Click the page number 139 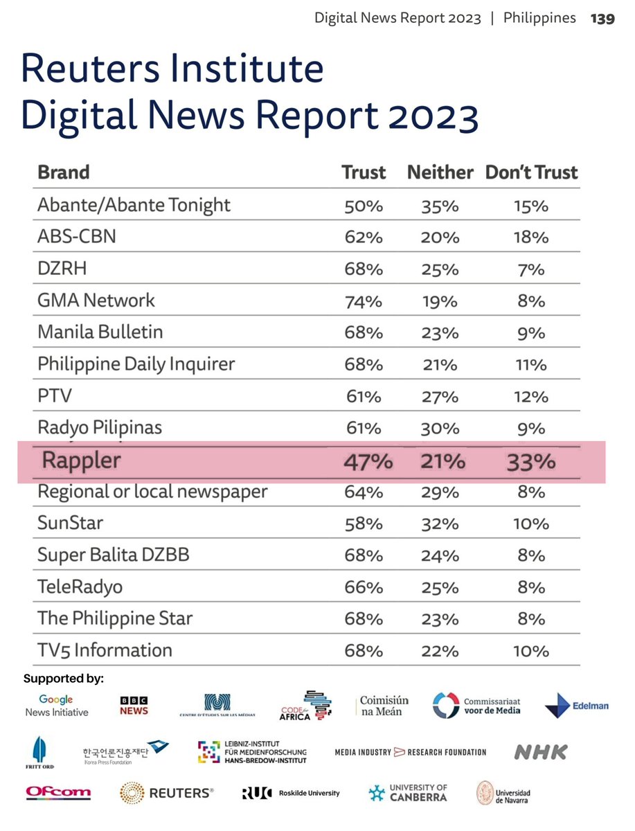pyautogui.click(x=602, y=19)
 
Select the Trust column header pyautogui.click(x=364, y=172)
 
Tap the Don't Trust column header pyautogui.click(x=531, y=172)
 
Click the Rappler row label pyautogui.click(x=82, y=460)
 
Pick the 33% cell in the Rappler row pyautogui.click(x=531, y=461)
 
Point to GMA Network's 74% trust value pyautogui.click(x=364, y=301)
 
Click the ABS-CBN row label pyautogui.click(x=77, y=237)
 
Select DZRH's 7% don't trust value pyautogui.click(x=531, y=269)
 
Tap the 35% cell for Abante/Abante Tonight pyautogui.click(x=440, y=206)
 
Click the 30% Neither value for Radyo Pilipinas pyautogui.click(x=440, y=429)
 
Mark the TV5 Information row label pyautogui.click(x=105, y=650)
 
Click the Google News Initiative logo pyautogui.click(x=57, y=706)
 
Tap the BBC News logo pyautogui.click(x=134, y=706)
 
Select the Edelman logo pyautogui.click(x=577, y=706)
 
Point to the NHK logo pyautogui.click(x=541, y=752)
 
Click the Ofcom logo pyautogui.click(x=58, y=792)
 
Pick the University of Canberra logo pyautogui.click(x=408, y=792)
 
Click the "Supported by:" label pyautogui.click(x=64, y=679)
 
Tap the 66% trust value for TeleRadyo pyautogui.click(x=364, y=587)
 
